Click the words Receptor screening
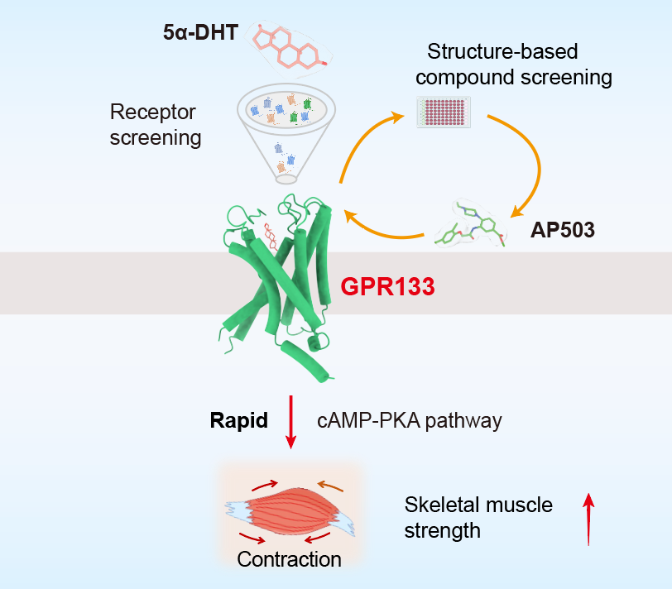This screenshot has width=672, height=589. point(156,124)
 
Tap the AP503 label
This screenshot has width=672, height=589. point(563,229)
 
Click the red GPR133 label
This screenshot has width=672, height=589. point(388,288)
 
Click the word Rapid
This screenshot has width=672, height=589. point(239,420)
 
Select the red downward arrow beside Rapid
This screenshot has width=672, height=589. point(290,422)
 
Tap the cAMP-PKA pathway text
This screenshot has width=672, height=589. point(410,420)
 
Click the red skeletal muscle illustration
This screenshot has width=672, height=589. point(290,508)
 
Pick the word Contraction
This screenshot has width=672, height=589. point(289,560)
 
